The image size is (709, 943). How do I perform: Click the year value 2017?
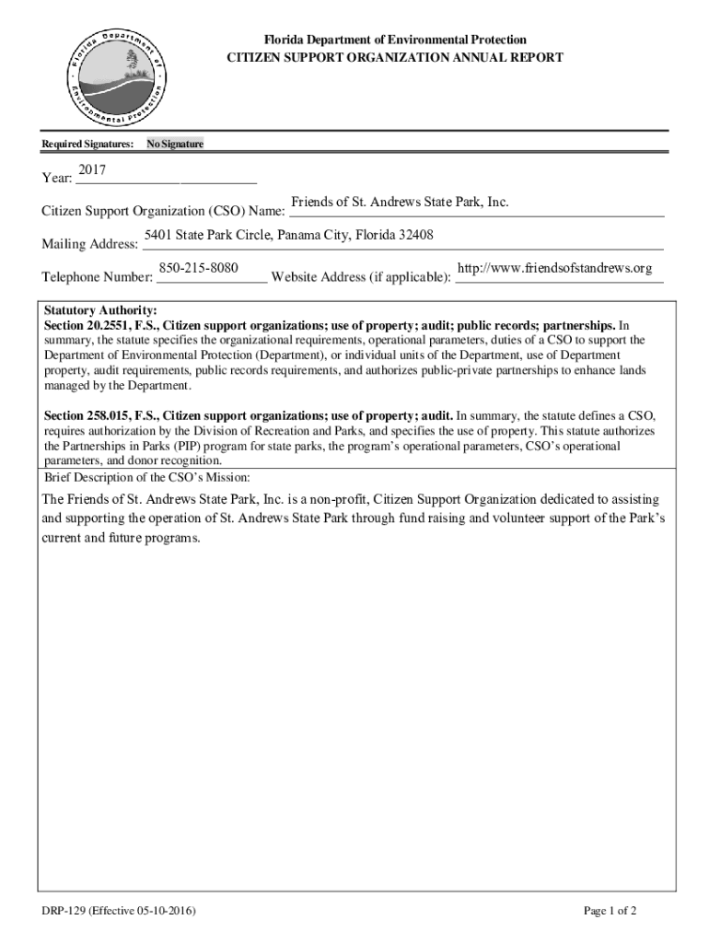[92, 170]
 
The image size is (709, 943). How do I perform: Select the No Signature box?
[175, 145]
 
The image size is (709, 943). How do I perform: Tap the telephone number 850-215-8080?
[199, 268]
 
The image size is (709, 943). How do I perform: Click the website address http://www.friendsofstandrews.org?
[554, 268]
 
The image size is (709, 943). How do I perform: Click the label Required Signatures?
[87, 145]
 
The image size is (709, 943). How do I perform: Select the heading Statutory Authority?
[101, 311]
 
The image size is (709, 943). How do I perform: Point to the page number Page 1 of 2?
[610, 912]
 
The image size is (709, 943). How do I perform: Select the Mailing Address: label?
[89, 244]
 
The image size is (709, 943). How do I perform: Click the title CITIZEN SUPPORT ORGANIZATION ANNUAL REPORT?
[395, 57]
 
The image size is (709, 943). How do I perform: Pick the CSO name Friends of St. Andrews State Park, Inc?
[400, 202]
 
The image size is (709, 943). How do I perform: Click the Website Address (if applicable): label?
[361, 277]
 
